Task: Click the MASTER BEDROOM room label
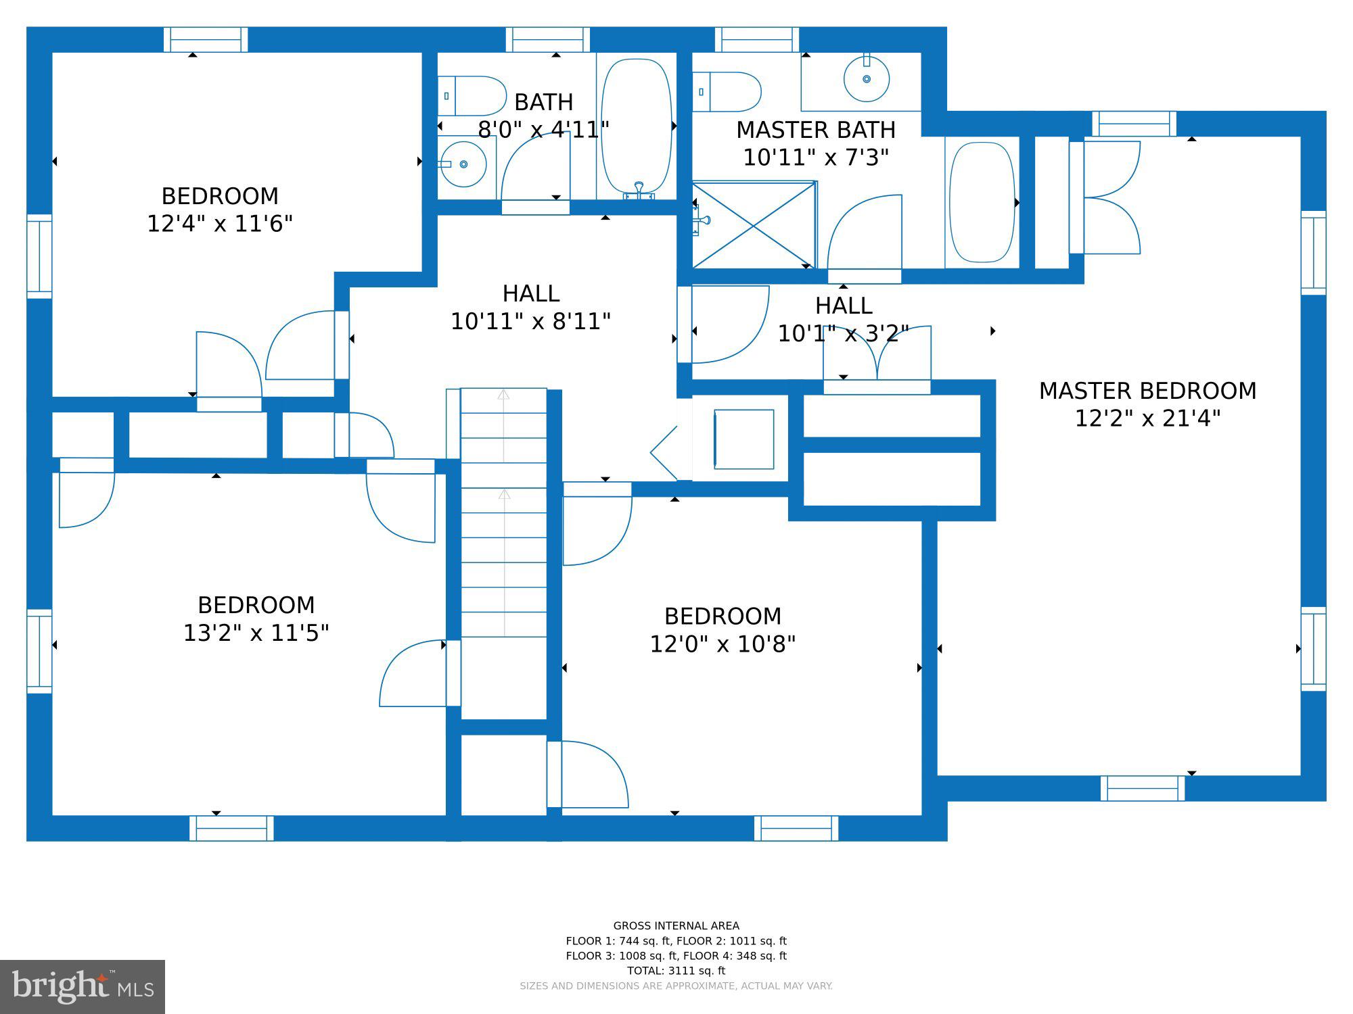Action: coord(1147,391)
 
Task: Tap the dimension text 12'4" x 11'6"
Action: coord(220,224)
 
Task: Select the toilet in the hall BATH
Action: coord(472,96)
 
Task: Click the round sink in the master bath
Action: coord(866,79)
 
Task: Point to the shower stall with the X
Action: coord(754,225)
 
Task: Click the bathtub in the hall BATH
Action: coord(637,126)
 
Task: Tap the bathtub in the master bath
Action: coord(982,202)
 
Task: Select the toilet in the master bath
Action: coord(727,92)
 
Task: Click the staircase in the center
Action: coord(503,514)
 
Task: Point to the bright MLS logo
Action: coord(82,986)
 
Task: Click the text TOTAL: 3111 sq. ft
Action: coord(676,971)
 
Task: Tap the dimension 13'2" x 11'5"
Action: coord(256,633)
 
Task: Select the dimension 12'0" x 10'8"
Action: coord(723,644)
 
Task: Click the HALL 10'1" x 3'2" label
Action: coord(843,320)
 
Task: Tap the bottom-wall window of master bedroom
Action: coord(1142,788)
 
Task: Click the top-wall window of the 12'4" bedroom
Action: coord(206,39)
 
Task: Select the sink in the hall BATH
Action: coord(463,164)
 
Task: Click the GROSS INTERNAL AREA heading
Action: coord(676,926)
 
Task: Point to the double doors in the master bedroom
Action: coord(1111,197)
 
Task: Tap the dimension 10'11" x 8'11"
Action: coord(530,322)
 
